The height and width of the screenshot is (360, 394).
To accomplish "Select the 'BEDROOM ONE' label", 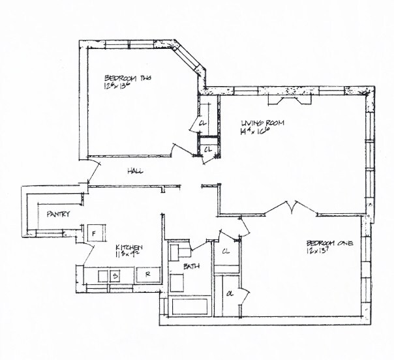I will (x=329, y=243).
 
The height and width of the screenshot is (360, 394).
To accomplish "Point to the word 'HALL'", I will (x=135, y=172).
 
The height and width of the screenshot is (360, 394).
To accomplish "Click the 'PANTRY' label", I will (x=57, y=214).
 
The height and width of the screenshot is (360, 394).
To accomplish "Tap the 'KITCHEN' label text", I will (x=129, y=247).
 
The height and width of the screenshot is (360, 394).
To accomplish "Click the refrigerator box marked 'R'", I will (x=148, y=275).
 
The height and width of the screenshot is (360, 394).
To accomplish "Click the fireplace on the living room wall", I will (x=290, y=97).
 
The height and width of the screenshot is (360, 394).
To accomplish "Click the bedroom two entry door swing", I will (x=170, y=149).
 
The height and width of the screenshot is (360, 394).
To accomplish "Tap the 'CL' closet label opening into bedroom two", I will (x=203, y=123).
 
